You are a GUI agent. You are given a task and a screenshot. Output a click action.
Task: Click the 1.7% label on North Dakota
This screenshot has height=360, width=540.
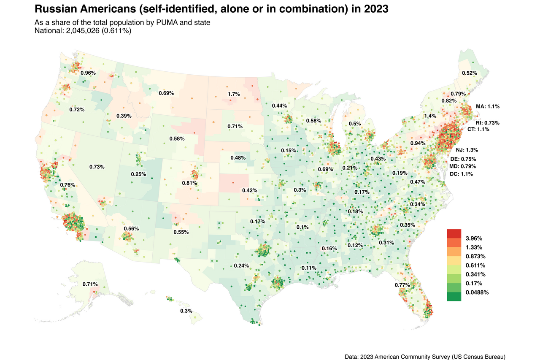click(x=234, y=94)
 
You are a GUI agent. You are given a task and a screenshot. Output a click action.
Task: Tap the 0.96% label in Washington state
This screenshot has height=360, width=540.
click(x=88, y=73)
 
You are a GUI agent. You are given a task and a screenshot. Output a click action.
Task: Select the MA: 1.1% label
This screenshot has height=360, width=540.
click(x=487, y=106)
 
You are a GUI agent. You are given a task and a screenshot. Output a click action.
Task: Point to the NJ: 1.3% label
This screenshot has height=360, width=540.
click(x=467, y=150)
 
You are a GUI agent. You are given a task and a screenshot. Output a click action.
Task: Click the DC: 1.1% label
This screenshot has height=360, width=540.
click(x=461, y=174)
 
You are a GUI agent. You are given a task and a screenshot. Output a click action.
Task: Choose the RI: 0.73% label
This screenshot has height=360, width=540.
click(x=487, y=123)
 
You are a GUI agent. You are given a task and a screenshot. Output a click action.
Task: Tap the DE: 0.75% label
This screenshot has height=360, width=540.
click(x=463, y=159)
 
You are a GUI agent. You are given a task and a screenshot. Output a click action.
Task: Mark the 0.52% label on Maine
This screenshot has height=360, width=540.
click(x=470, y=73)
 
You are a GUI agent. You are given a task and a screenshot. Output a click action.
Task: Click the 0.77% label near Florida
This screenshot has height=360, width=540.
click(x=402, y=285)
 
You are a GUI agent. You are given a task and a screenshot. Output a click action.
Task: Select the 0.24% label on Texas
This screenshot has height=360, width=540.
click(x=241, y=266)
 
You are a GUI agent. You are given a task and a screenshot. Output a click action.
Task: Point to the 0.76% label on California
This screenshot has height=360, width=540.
click(x=67, y=185)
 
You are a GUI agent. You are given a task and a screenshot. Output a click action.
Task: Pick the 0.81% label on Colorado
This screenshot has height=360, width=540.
click(x=189, y=183)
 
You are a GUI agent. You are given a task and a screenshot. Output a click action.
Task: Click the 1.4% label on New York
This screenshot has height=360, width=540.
click(x=430, y=116)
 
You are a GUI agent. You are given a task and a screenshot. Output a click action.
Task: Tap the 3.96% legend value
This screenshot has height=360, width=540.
click(x=474, y=238)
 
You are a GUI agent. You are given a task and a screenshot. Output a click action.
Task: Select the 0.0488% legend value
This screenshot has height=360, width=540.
click(x=477, y=292)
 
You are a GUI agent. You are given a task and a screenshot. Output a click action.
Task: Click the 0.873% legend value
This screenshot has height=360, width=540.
click(x=475, y=256)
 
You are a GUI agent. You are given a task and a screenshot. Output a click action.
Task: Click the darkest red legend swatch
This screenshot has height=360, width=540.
click(x=454, y=234)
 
